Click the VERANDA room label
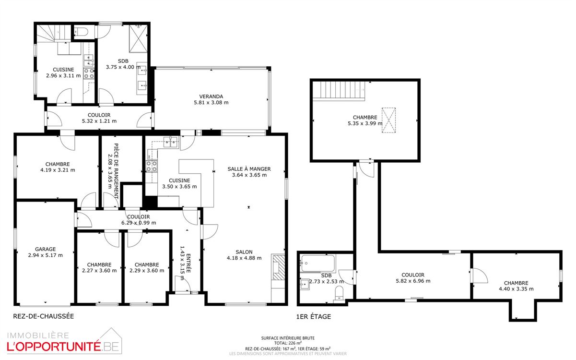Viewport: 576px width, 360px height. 211,96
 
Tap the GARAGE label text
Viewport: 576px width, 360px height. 45,249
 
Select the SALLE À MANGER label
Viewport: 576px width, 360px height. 249,169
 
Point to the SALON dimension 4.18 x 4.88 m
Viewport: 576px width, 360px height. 244,258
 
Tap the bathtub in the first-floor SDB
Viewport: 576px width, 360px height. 318,264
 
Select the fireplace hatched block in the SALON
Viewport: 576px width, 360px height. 278,267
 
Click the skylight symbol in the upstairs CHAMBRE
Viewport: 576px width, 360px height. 388,120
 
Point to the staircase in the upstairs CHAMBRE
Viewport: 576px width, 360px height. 339,90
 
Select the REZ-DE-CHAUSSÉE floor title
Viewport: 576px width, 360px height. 44,316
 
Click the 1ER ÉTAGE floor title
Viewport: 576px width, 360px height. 314,316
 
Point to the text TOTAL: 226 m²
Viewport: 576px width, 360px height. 288,343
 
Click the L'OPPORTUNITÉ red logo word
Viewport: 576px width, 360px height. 54,347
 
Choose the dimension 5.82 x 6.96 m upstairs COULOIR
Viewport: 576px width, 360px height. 413,281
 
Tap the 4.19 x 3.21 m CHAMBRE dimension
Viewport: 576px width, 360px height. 58,170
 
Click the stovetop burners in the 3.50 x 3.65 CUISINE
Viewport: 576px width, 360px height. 152,166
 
